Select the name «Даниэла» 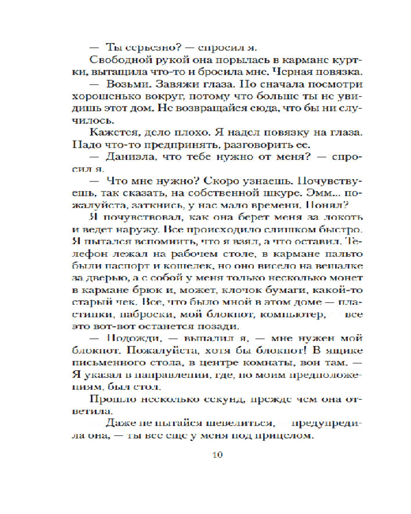tap(127, 155)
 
